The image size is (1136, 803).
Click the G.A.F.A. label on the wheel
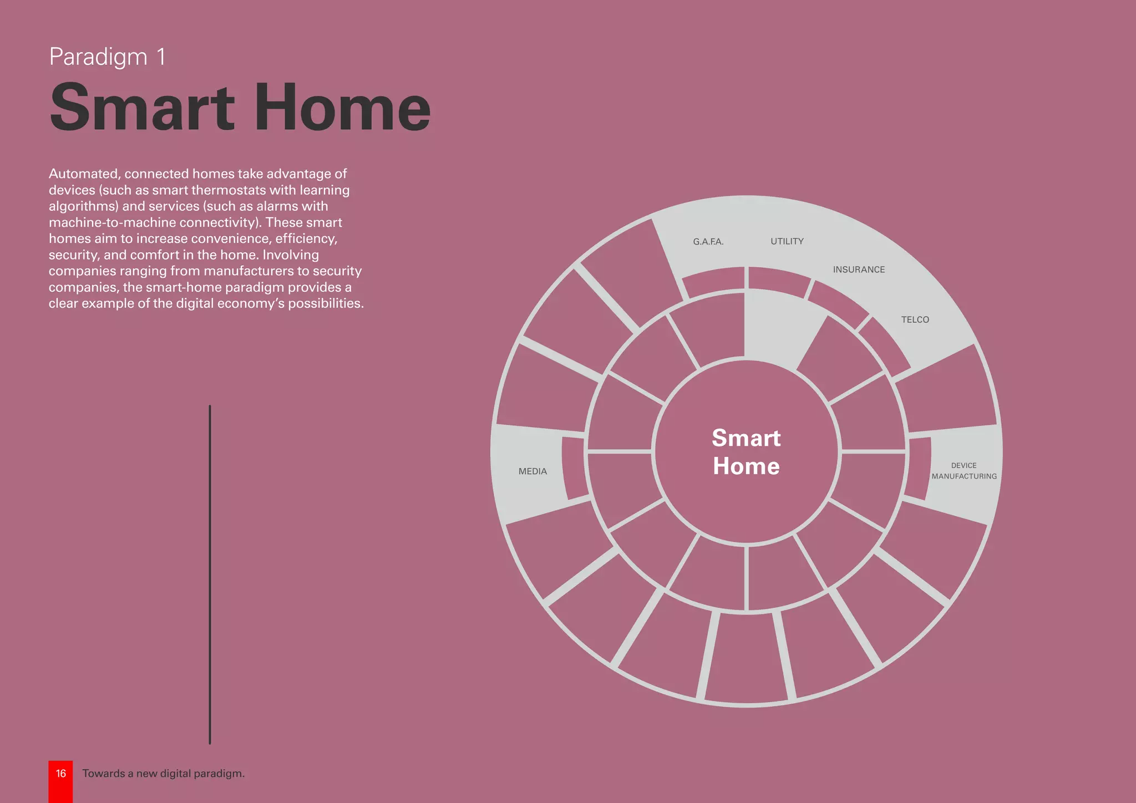click(x=708, y=242)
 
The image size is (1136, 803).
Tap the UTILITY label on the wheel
click(x=787, y=241)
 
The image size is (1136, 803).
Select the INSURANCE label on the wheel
click(x=859, y=270)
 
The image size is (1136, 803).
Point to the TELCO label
click(x=915, y=319)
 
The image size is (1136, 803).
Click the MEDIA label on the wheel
click(x=532, y=471)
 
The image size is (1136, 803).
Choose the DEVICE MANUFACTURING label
click(x=964, y=471)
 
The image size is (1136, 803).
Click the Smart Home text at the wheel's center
click(x=746, y=452)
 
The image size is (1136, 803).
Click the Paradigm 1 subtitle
click(x=107, y=57)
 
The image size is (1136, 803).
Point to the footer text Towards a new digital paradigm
click(x=163, y=774)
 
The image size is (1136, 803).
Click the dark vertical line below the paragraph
click(x=210, y=574)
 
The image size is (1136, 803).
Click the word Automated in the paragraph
click(x=83, y=174)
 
